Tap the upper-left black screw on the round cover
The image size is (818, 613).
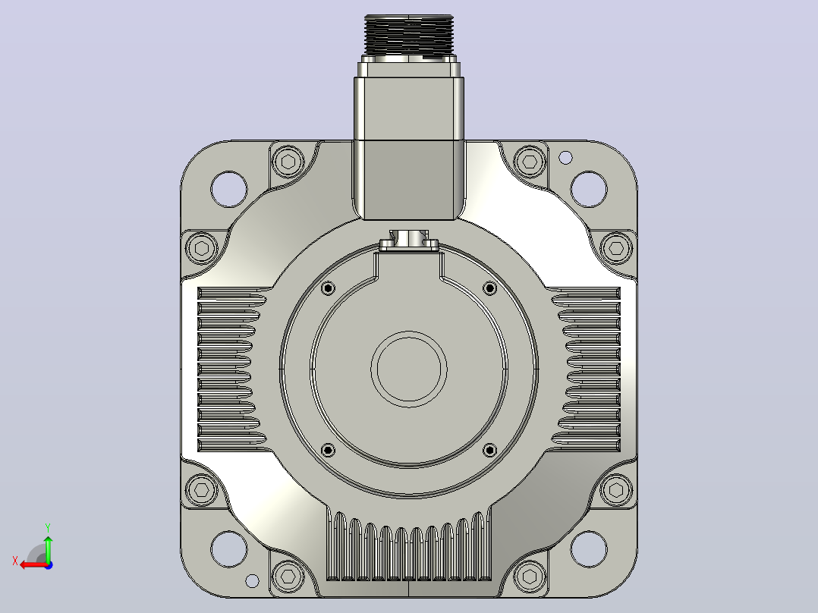328,288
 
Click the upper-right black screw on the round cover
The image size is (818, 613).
490,288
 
